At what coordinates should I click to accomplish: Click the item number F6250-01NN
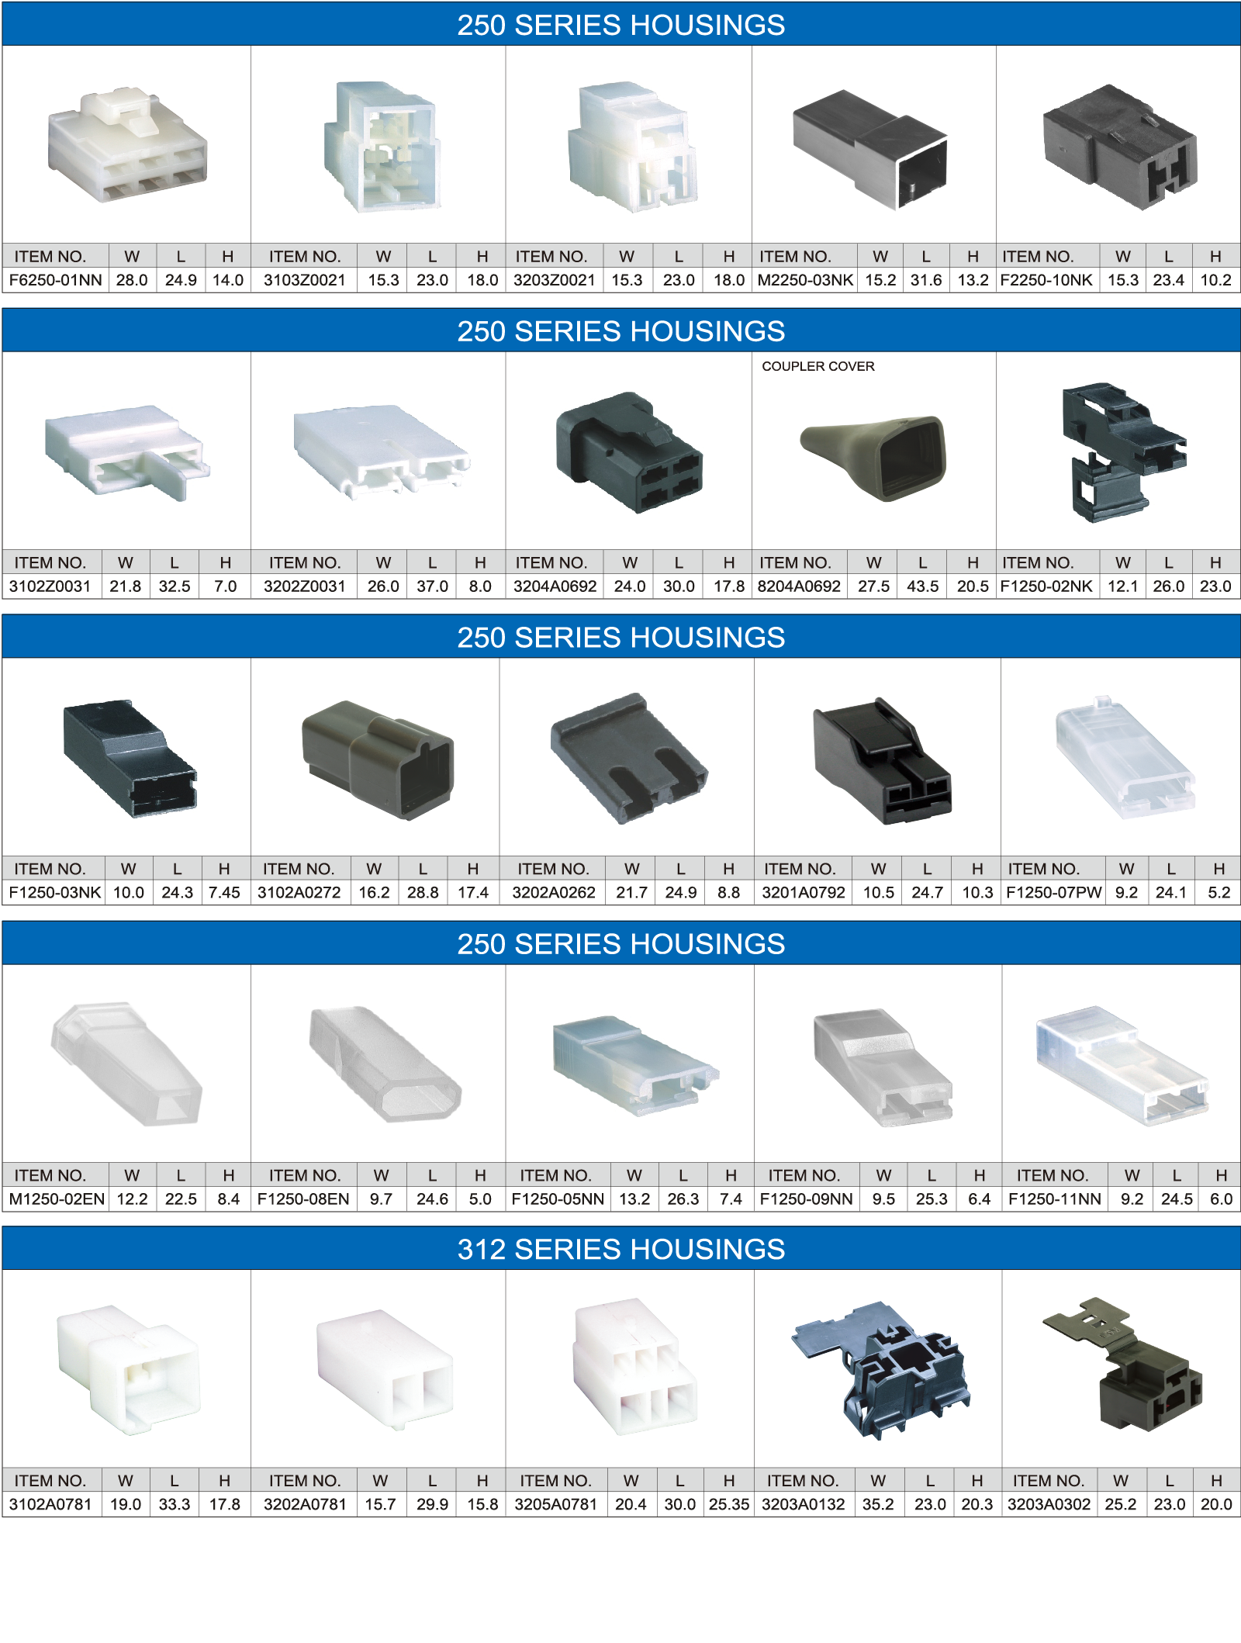tap(55, 280)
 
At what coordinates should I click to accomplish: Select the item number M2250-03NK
tap(805, 280)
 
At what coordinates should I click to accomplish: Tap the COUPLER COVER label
tap(818, 366)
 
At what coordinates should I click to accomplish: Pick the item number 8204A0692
tap(799, 586)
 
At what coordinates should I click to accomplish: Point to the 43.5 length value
tap(922, 586)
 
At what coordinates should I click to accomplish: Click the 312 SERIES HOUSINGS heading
tap(620, 1249)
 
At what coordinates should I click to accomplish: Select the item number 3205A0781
tap(555, 1504)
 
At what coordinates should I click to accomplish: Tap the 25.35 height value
tap(728, 1504)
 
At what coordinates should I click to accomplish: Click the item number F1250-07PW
tap(1053, 892)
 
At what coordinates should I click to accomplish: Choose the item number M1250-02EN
tap(57, 1199)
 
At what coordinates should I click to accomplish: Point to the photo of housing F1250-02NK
tap(1123, 452)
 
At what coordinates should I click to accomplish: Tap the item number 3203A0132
tap(803, 1504)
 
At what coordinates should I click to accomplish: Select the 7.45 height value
tap(224, 892)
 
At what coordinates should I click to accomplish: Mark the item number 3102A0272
tap(299, 892)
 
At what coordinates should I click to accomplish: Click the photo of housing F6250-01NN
tap(127, 145)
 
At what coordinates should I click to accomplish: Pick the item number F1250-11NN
tap(1054, 1199)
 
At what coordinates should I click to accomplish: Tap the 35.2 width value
tap(878, 1504)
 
